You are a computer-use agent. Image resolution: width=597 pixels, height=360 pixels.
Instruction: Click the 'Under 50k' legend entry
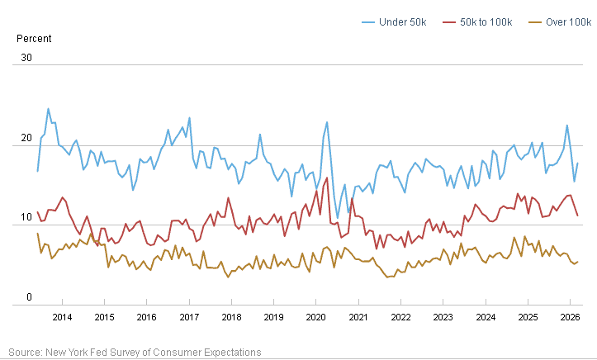[x=394, y=22]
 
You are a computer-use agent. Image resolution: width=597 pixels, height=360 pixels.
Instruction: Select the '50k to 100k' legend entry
[x=477, y=22]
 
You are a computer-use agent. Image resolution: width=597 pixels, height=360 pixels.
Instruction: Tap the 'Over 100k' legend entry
[x=560, y=22]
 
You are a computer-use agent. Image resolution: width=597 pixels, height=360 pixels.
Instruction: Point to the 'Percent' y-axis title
[x=34, y=39]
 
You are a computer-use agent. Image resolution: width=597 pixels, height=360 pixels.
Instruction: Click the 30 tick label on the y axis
[x=26, y=58]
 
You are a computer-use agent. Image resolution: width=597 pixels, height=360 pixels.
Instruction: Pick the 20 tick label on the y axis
[x=26, y=138]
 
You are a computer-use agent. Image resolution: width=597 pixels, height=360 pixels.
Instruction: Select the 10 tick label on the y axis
[x=26, y=217]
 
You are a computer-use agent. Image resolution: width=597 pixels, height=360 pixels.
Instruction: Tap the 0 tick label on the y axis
[x=30, y=297]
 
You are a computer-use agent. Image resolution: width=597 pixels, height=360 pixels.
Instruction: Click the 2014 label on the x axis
[x=62, y=317]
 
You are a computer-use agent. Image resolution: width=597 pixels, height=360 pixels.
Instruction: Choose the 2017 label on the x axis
[x=189, y=317]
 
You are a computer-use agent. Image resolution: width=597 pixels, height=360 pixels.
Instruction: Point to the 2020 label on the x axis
[x=316, y=317]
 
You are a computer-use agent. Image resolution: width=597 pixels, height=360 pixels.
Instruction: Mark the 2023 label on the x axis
[x=443, y=317]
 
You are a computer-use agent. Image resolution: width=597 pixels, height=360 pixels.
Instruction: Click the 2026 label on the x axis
[x=570, y=317]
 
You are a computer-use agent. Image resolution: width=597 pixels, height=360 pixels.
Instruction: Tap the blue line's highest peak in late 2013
[x=48, y=109]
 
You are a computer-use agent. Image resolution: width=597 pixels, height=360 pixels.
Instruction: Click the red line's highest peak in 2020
[x=327, y=178]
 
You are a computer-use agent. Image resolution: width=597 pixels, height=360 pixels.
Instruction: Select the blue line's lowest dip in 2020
[x=338, y=218]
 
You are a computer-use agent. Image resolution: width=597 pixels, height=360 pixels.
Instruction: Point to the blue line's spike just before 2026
[x=567, y=126]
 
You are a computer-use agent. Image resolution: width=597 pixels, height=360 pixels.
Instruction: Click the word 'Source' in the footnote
[x=25, y=353]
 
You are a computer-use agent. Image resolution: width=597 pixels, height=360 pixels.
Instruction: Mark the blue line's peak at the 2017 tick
[x=189, y=118]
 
